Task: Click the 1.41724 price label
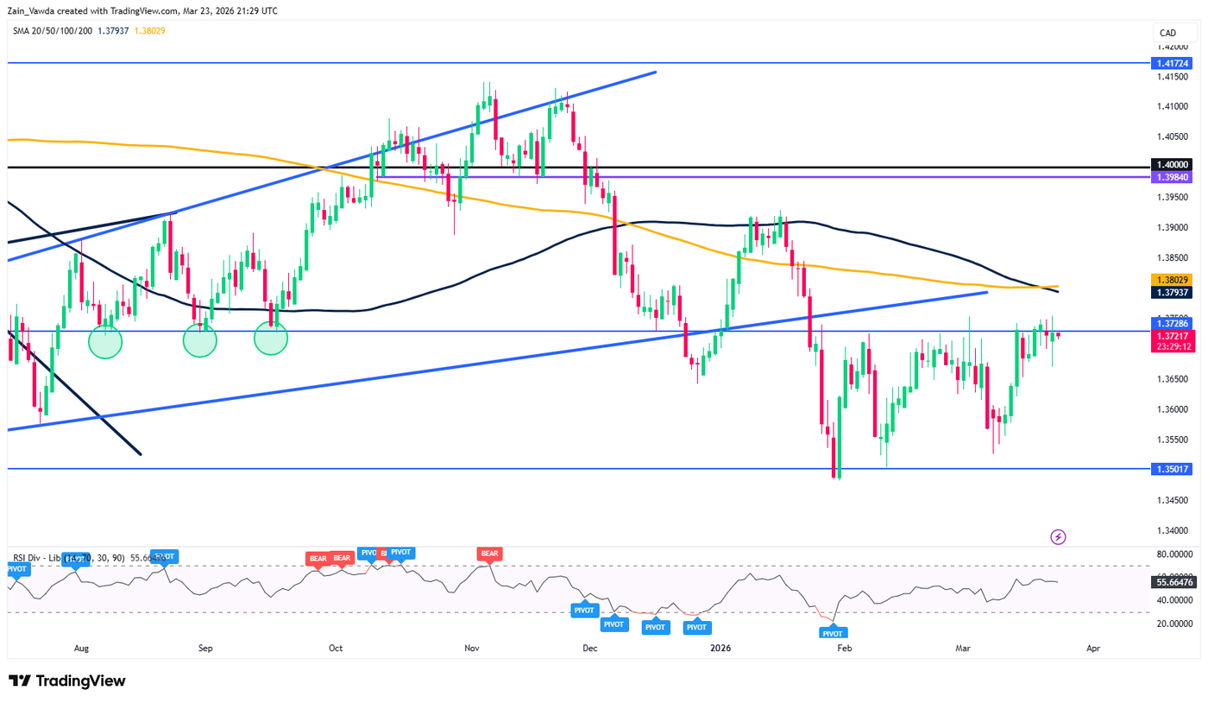tap(1171, 63)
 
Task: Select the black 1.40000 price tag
tap(1171, 164)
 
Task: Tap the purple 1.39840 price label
tap(1171, 176)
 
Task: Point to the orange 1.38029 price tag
tap(1171, 281)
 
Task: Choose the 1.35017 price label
tap(1171, 469)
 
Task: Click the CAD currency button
tap(1167, 33)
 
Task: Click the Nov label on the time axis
tap(471, 647)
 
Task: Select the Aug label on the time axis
tap(82, 647)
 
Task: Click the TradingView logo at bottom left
tap(67, 681)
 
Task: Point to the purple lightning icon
tap(1058, 537)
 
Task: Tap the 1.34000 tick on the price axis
tap(1171, 530)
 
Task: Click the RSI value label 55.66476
tap(1171, 583)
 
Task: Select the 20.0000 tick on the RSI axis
tap(1171, 624)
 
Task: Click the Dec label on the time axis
tap(590, 647)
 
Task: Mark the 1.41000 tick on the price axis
tap(1171, 106)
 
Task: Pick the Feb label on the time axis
tap(845, 647)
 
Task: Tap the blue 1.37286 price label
tap(1171, 322)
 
